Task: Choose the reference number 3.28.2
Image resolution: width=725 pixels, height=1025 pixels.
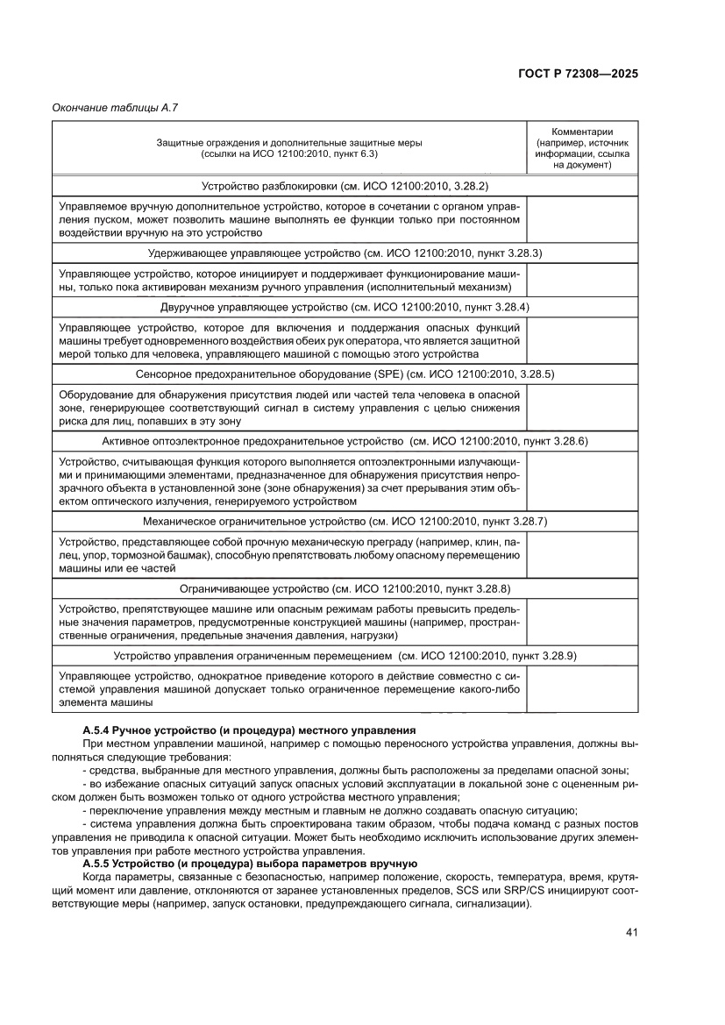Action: [x=467, y=186]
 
